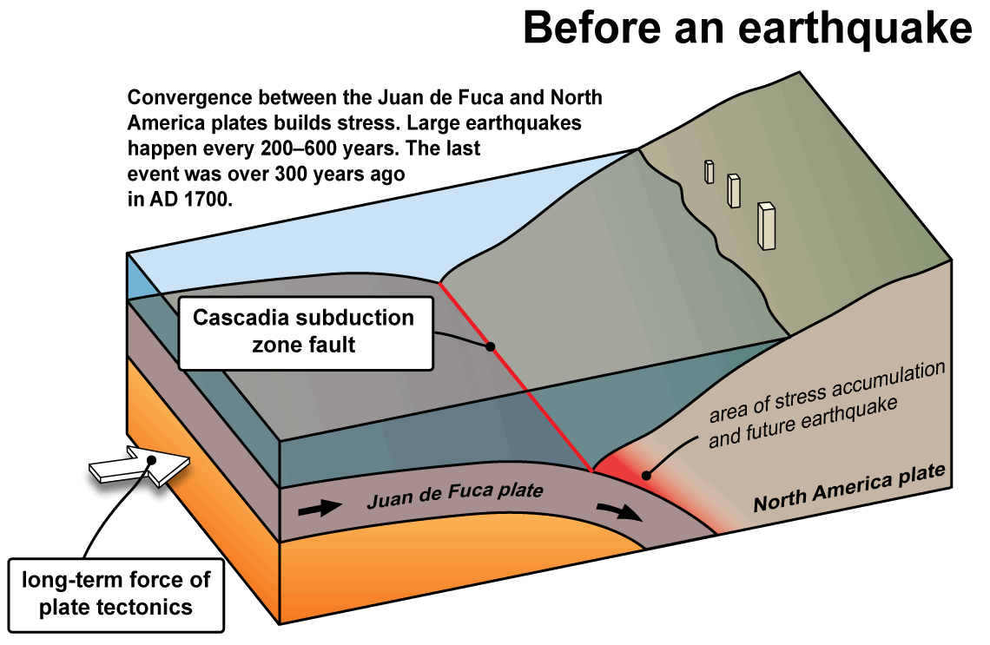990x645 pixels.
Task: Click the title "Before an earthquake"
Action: [748, 28]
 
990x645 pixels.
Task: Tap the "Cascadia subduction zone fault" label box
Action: [306, 332]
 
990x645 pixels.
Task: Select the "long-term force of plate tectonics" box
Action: [116, 596]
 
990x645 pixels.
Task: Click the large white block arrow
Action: [140, 466]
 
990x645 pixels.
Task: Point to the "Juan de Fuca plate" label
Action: [454, 495]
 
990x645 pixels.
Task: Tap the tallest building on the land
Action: [766, 226]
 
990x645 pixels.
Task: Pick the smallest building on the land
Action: [709, 172]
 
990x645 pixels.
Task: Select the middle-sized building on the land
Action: [733, 191]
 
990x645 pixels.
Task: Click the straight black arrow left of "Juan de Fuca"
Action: [320, 508]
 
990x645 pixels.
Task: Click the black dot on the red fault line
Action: [490, 346]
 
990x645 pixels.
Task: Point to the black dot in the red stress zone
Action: [645, 475]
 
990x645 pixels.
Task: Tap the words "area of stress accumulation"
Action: [827, 392]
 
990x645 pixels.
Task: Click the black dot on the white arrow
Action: [151, 459]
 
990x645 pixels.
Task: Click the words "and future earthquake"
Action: [802, 422]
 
